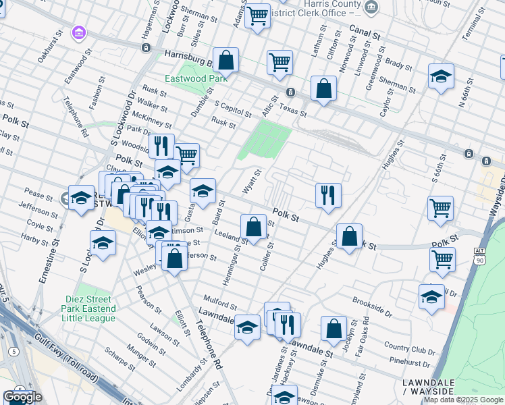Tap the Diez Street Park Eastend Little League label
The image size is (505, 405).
coord(90,304)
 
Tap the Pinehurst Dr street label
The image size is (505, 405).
coord(410,362)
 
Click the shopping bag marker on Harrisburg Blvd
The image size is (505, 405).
coord(226,59)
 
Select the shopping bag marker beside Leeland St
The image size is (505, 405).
coord(253,227)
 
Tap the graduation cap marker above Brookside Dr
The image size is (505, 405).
coord(431,296)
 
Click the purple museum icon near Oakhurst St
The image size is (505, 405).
coord(79,32)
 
